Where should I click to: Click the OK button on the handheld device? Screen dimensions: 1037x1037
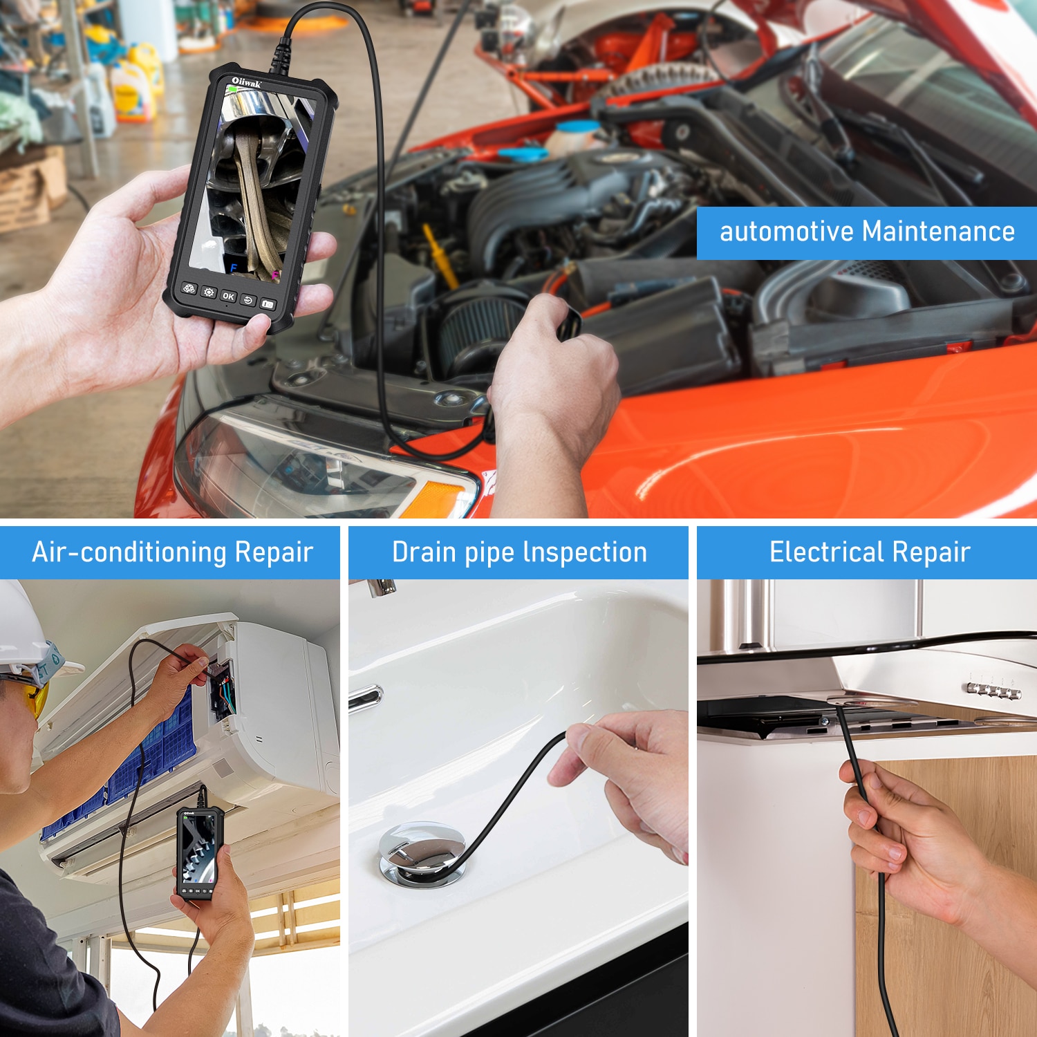pos(229,297)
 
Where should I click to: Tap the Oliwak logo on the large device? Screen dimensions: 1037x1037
pos(246,83)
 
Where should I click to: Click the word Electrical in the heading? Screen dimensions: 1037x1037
pos(827,552)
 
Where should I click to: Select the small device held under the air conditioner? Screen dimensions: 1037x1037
pos(199,854)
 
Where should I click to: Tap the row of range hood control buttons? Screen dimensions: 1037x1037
pos(993,689)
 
